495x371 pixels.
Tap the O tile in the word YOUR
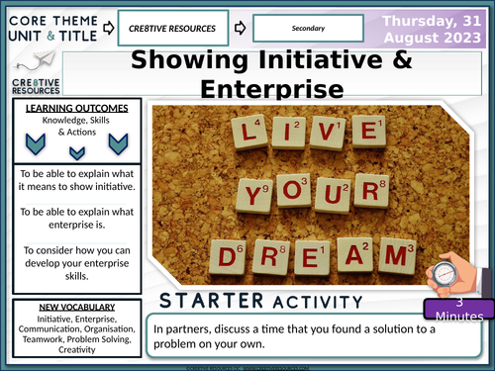coord(291,197)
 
